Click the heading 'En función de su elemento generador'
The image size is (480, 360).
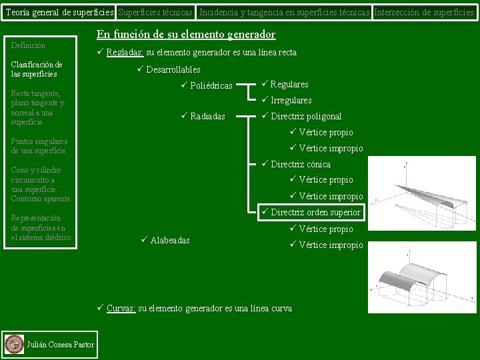click(186, 35)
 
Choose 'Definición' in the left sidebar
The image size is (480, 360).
click(29, 45)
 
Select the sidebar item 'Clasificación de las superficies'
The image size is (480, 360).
click(37, 69)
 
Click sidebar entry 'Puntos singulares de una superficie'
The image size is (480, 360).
click(39, 146)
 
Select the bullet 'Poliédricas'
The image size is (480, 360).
click(211, 86)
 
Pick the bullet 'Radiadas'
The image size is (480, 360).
click(207, 117)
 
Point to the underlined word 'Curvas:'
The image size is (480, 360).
click(121, 309)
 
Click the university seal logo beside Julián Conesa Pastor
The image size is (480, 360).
click(13, 344)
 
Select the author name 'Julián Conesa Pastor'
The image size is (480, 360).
click(59, 344)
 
